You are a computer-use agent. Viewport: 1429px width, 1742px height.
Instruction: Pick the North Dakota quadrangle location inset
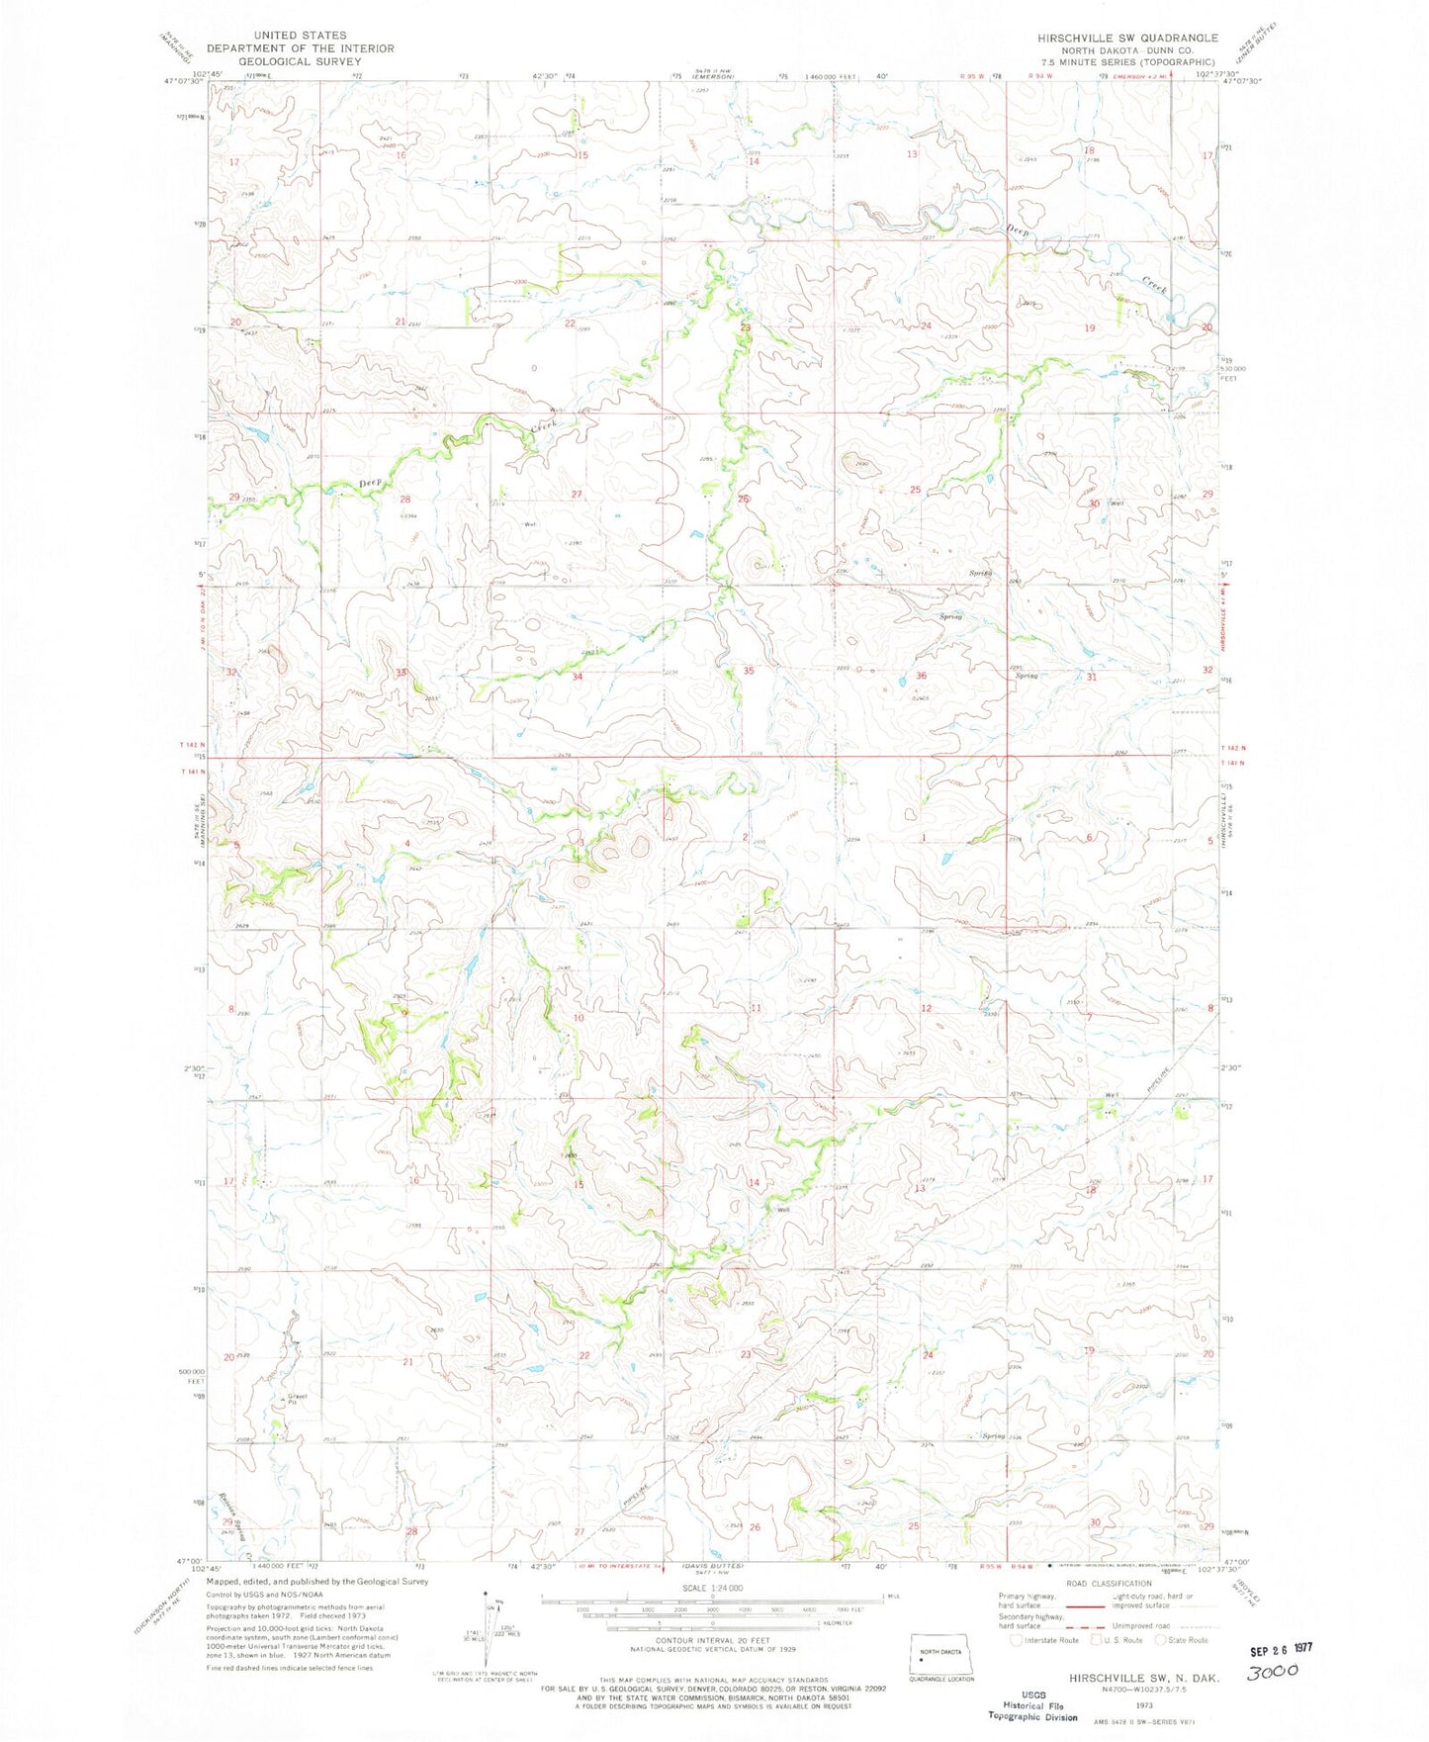click(939, 1657)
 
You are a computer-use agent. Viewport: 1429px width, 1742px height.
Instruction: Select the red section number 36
click(921, 676)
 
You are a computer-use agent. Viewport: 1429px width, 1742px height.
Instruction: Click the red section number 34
click(577, 677)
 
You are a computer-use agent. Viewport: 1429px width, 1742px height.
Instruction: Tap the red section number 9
click(403, 1013)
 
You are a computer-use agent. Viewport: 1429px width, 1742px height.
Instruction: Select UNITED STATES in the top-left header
click(300, 35)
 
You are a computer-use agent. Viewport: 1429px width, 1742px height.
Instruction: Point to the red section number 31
click(1092, 678)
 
